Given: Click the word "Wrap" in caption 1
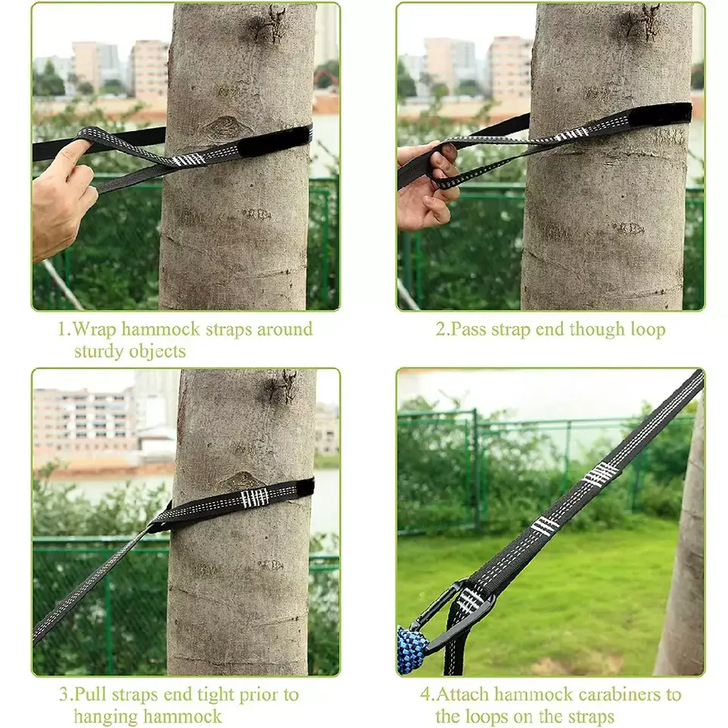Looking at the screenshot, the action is coord(95,329).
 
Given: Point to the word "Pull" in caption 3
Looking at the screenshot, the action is coord(90,695).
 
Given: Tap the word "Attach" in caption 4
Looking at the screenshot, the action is coord(463,695).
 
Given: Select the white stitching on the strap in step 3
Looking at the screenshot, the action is coord(255,497).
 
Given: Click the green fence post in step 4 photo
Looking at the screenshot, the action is coord(475,469).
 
